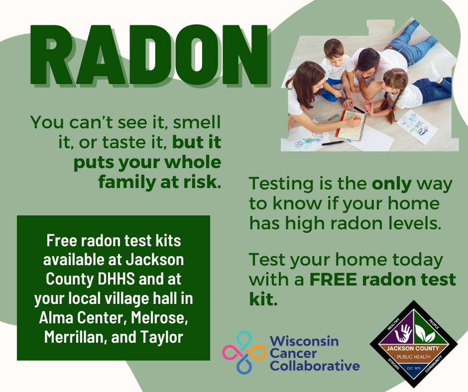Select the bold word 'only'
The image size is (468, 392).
(392, 185)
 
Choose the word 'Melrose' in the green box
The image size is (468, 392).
(159, 318)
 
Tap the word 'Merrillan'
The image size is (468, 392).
(75, 337)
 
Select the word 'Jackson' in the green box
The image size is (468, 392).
(155, 260)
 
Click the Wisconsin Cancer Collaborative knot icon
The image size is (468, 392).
(244, 352)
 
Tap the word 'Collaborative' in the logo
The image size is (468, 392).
(315, 366)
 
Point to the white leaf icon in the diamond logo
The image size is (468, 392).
(425, 333)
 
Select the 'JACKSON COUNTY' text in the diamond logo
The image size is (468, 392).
(413, 348)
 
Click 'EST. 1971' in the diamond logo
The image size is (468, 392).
(413, 369)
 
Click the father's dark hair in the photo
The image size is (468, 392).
(368, 59)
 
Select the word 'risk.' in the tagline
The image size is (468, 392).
(202, 182)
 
